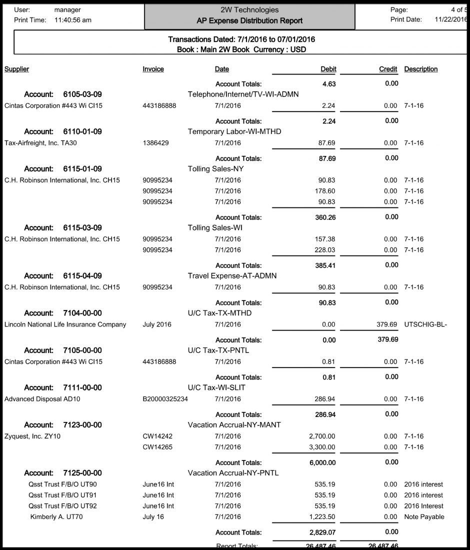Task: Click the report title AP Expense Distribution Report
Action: tap(249, 21)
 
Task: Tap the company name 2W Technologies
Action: tap(249, 10)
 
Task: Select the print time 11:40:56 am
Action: tap(72, 20)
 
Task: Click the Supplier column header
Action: tap(16, 69)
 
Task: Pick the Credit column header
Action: tap(388, 69)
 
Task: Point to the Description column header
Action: tap(420, 69)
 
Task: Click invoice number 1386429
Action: tap(155, 143)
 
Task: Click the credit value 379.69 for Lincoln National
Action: tap(386, 324)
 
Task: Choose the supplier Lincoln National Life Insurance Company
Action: tap(65, 324)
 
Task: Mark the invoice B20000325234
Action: tap(165, 399)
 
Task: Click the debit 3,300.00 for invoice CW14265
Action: tap(322, 447)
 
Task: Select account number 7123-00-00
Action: tap(82, 425)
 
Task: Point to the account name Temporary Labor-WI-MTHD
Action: tap(234, 131)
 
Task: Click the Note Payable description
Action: tap(424, 516)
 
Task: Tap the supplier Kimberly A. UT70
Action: tap(56, 516)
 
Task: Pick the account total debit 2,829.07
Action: tap(322, 532)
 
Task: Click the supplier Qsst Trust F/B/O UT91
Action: tap(62, 495)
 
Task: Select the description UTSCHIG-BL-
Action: tap(425, 324)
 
